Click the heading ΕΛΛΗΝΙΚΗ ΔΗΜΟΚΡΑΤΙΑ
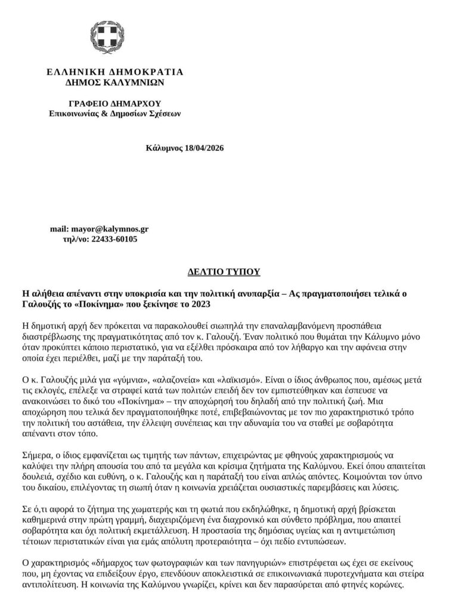[114, 72]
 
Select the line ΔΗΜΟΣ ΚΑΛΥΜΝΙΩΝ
[114, 82]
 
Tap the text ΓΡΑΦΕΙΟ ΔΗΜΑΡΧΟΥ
[114, 103]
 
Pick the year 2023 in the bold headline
[202, 304]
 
